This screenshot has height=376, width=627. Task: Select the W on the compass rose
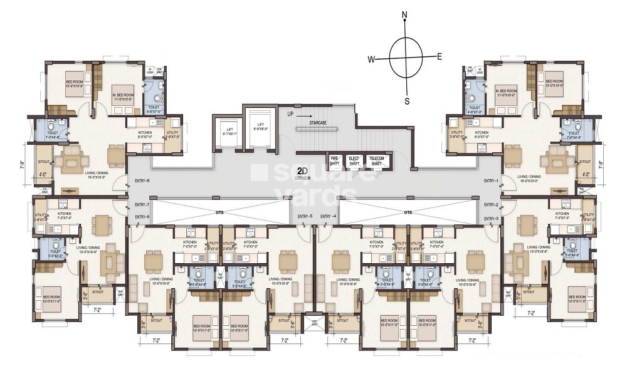click(371, 60)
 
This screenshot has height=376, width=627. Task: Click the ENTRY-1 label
click(491, 181)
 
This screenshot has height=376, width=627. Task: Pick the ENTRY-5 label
click(305, 217)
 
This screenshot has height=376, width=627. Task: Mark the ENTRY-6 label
click(142, 217)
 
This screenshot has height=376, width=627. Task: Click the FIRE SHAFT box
click(335, 160)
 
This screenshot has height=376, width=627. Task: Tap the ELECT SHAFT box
click(354, 160)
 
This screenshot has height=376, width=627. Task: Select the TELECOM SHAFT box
click(376, 160)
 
